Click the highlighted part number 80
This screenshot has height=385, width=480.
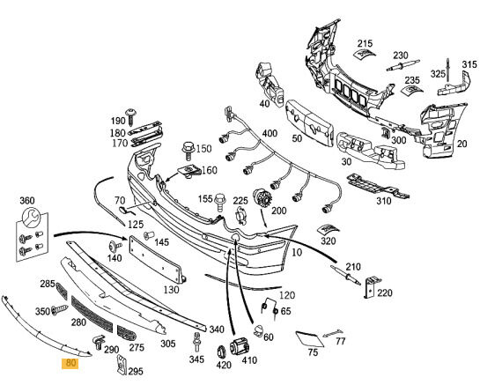coord(70,363)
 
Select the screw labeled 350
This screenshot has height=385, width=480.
coord(60,309)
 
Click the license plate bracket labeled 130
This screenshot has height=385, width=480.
coord(158,259)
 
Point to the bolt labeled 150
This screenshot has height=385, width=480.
coord(188,151)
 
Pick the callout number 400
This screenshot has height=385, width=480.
coord(270,133)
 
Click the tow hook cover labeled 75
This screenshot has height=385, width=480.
coord(309,339)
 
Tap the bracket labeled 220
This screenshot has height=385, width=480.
coord(372,287)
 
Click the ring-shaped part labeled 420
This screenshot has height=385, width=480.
coord(221,352)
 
